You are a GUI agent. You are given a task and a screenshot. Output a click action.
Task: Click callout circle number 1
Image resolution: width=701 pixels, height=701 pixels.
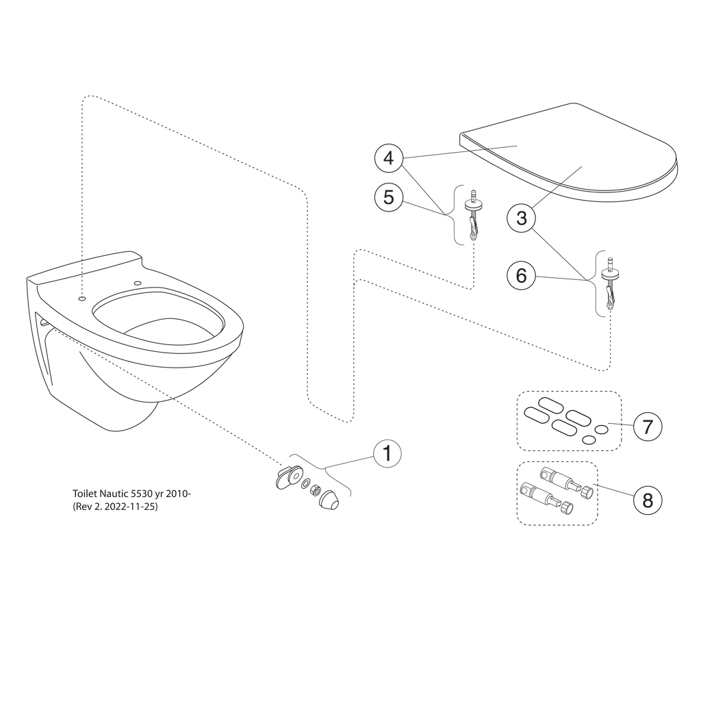coord(387,453)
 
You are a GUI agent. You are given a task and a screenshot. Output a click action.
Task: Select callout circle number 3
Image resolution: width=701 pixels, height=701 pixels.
coord(521,218)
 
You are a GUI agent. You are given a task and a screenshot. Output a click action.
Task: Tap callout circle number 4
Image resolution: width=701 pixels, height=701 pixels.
coord(389,158)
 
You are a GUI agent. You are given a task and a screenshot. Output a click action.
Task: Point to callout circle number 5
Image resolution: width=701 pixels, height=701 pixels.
coord(389,197)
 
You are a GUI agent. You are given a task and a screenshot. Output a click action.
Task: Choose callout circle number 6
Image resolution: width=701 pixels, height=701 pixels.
coord(521,275)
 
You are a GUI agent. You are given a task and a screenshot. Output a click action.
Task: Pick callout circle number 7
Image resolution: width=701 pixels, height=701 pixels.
coord(648,426)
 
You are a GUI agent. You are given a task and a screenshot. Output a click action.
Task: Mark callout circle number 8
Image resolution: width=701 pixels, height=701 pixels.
coord(648,500)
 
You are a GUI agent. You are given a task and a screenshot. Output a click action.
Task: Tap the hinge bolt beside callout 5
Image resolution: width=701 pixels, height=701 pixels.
coord(473,215)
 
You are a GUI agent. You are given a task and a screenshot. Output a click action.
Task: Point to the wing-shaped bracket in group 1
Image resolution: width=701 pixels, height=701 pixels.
coord(288,476)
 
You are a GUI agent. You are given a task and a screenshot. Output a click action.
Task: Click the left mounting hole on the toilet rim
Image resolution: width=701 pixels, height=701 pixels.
coord(81,297)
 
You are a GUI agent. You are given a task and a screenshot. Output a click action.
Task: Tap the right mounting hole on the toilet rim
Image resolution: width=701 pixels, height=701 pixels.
coord(138,283)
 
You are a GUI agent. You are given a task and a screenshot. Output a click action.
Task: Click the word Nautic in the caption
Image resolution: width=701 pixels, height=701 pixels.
coord(115,494)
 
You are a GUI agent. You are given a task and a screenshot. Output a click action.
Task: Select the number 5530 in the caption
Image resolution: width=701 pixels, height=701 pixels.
coord(140,494)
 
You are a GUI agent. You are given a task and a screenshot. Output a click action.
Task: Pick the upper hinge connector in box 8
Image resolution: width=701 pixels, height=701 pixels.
coord(569,481)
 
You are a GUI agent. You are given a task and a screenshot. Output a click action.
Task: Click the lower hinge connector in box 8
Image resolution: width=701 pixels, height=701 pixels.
coord(547,499)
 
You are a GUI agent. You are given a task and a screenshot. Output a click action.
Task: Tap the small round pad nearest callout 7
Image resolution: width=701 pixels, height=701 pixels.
coord(601,430)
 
